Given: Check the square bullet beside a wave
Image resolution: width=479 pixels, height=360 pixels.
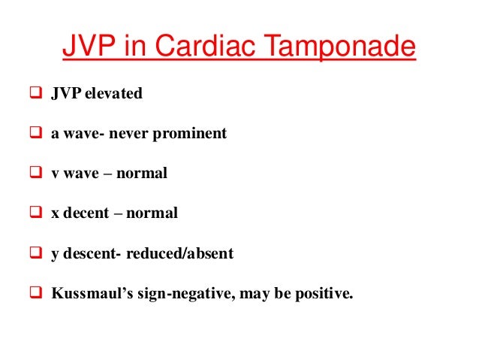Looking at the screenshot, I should [36, 134].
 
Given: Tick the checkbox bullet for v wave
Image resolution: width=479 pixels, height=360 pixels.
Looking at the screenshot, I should [36, 174].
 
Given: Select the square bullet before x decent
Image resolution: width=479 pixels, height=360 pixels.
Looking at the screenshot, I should [36, 213].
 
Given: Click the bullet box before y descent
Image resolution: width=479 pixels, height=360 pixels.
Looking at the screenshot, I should [36, 253].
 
